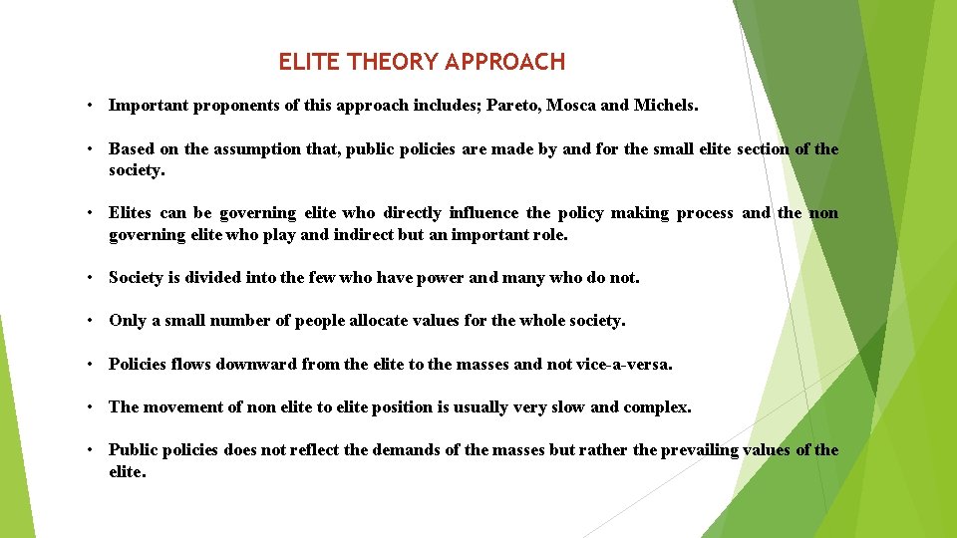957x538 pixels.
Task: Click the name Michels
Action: click(666, 106)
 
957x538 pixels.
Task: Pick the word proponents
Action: click(218, 106)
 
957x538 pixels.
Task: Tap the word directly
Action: click(413, 213)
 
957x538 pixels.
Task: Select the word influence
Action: click(483, 213)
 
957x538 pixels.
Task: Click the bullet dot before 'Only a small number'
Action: click(90, 321)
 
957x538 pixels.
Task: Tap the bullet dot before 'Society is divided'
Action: click(90, 278)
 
